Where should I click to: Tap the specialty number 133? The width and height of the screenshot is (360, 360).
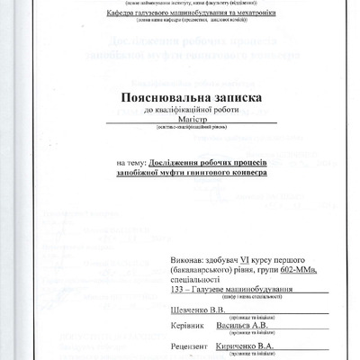[x=177, y=289]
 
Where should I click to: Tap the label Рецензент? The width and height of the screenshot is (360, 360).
[x=189, y=346]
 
